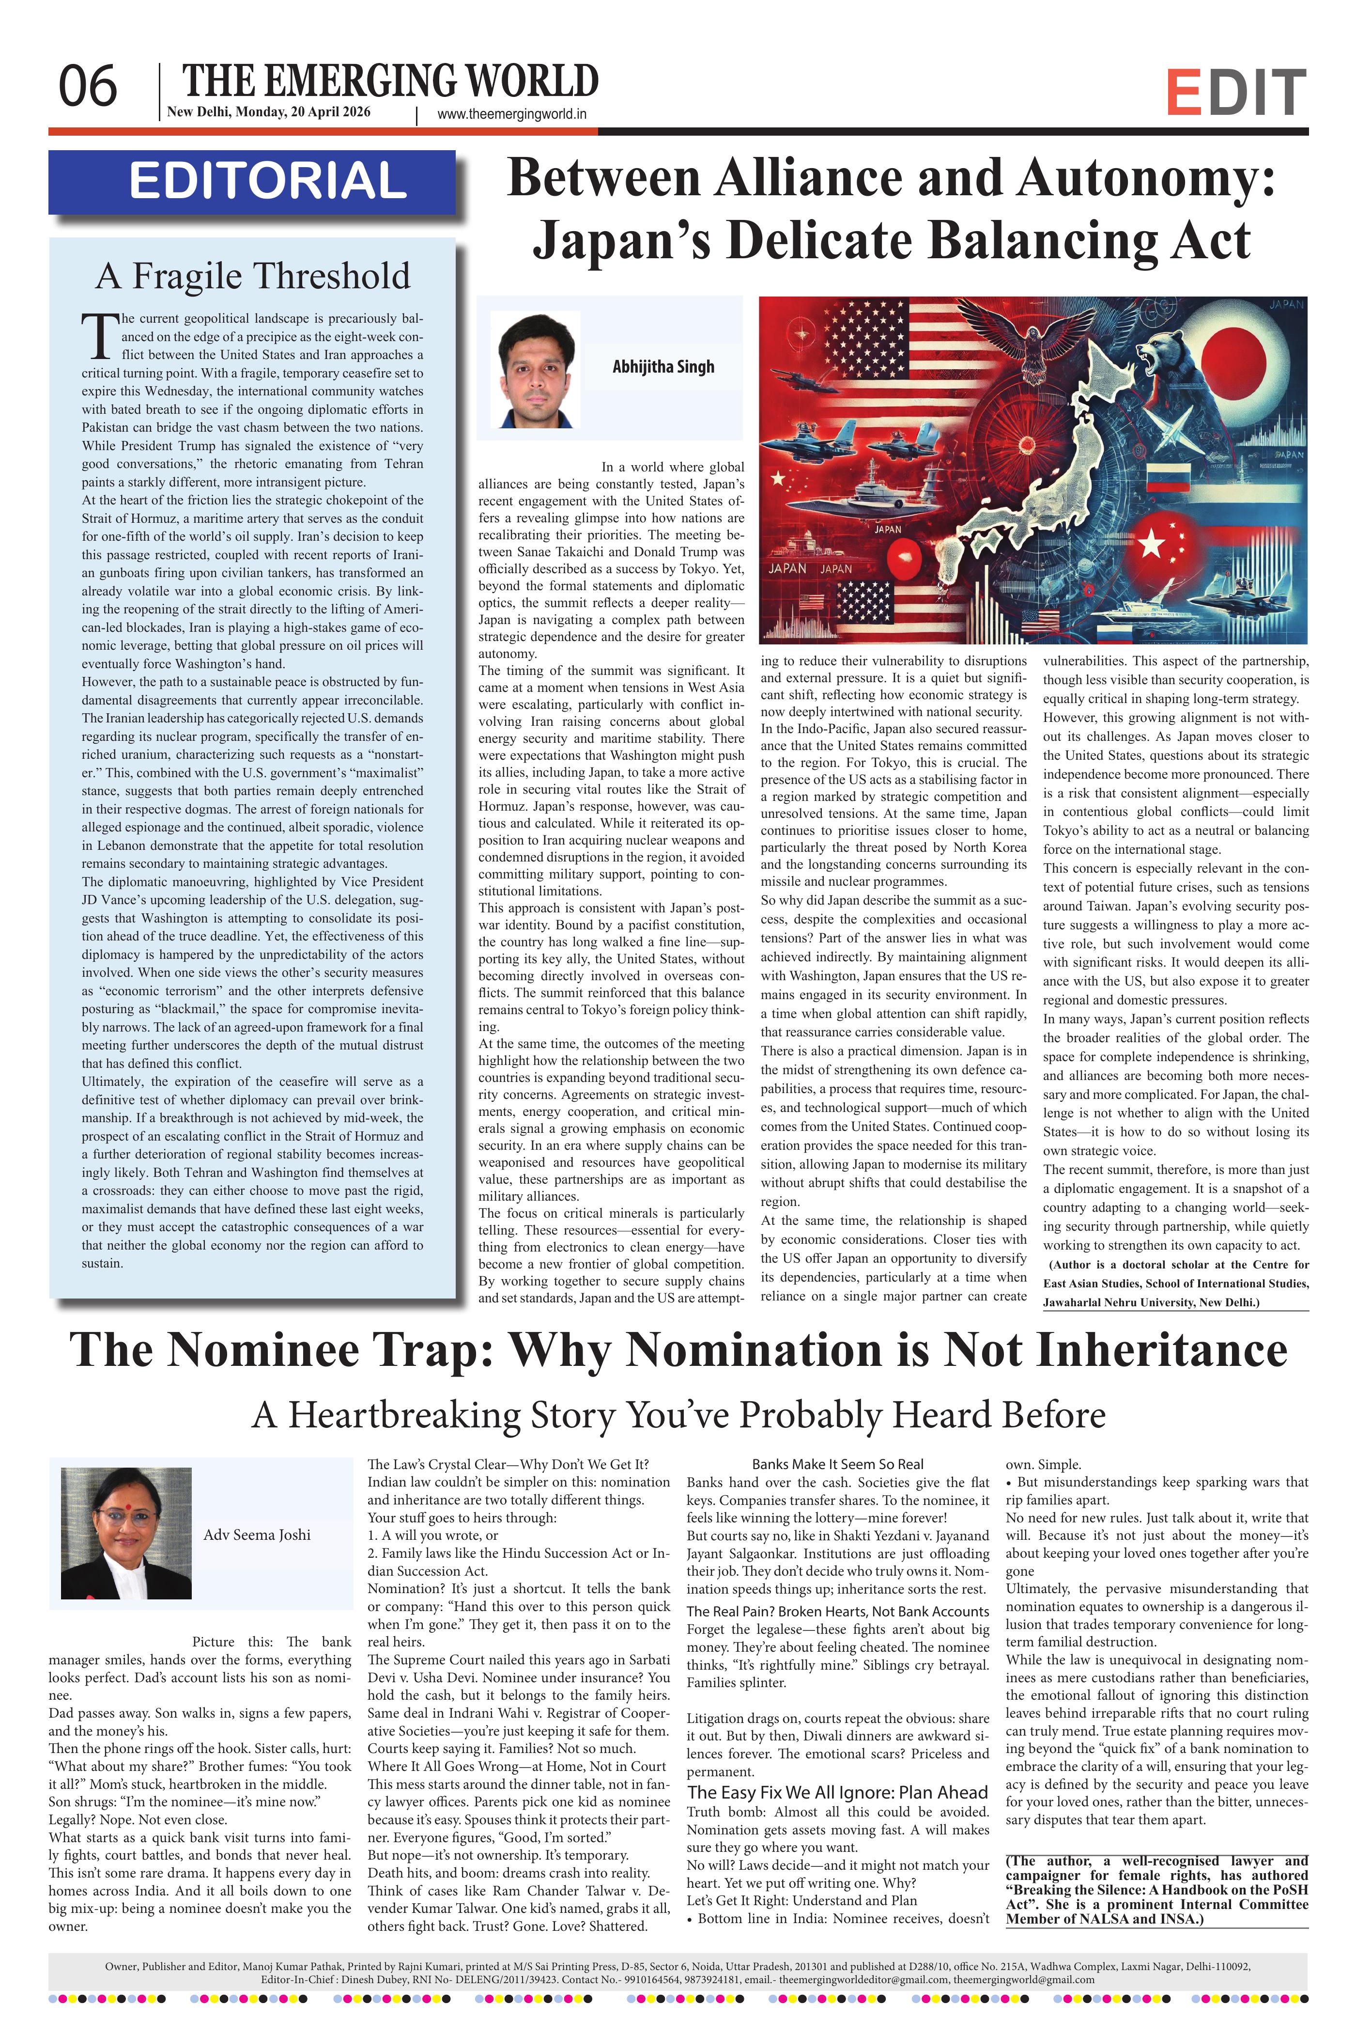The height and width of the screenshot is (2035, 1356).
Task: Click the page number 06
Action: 87,87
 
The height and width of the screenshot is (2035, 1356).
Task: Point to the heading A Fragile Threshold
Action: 252,276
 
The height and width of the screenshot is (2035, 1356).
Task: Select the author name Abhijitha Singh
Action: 663,367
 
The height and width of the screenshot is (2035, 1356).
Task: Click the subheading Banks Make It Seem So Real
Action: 837,1465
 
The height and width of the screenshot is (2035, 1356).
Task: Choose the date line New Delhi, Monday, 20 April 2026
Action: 268,111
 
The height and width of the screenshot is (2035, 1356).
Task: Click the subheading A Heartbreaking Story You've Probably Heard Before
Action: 678,1415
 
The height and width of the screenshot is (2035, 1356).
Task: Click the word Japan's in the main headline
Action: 624,240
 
